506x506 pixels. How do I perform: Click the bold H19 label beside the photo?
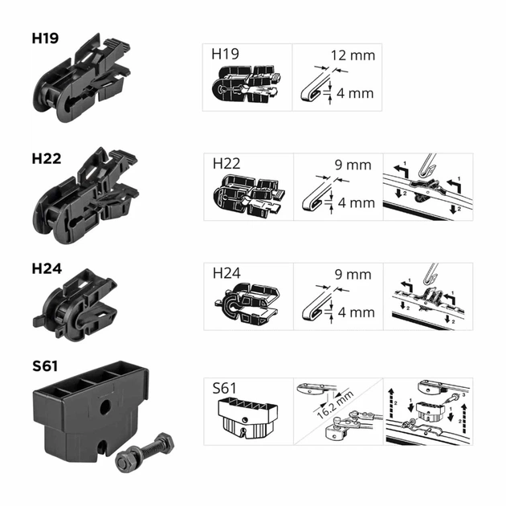(45, 38)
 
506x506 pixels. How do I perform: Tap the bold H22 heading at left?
(47, 158)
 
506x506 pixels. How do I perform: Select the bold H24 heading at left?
(47, 268)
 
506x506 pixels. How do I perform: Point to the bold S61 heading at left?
(45, 366)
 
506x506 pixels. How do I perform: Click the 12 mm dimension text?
(353, 55)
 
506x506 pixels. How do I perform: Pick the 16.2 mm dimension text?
(335, 404)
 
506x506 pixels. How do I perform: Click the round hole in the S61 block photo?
(105, 408)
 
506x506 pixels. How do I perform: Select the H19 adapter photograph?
(82, 77)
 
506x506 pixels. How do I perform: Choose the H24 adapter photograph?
(75, 304)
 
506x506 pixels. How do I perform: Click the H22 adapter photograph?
(86, 195)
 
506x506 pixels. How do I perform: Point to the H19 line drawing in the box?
(247, 84)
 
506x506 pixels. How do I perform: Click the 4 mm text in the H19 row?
(355, 93)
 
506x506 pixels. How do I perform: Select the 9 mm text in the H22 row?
(353, 165)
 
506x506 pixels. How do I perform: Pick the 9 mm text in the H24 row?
(353, 275)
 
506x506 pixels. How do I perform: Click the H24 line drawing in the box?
(247, 304)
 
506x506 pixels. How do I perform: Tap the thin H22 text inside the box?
(226, 164)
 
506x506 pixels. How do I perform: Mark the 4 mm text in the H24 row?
(357, 312)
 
